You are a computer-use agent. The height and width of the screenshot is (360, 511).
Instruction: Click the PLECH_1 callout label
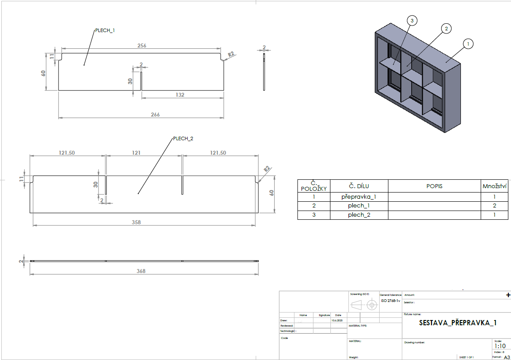(105, 30)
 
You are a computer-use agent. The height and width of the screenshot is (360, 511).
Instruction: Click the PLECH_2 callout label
(183, 138)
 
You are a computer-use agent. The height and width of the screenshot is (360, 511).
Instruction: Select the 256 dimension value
(141, 45)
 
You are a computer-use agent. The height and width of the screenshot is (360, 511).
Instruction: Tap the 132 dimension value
(180, 95)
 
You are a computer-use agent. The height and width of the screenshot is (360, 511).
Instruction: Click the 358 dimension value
(136, 222)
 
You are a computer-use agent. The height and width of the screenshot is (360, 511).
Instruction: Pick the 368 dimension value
(141, 271)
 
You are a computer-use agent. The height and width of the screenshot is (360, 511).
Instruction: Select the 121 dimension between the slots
(136, 153)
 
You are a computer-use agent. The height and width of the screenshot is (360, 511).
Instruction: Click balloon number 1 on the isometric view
(468, 44)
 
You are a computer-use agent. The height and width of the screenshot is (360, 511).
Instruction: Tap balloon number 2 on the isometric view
(446, 29)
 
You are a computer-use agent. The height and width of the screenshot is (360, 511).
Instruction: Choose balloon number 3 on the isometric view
(412, 20)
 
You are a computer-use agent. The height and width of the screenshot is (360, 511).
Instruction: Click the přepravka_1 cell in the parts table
(359, 196)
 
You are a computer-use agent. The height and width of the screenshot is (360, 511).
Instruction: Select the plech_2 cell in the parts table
(359, 215)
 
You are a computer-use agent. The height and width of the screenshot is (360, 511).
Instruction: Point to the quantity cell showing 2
(495, 206)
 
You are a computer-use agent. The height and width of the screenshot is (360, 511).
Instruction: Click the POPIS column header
(434, 186)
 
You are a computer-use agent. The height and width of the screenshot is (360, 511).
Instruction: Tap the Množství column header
(495, 186)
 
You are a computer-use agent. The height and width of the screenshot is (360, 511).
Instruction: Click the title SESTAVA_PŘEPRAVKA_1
(458, 323)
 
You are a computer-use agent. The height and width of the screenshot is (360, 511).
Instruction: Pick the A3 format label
(507, 357)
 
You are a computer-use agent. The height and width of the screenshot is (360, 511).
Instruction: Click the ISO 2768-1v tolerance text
(390, 301)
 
